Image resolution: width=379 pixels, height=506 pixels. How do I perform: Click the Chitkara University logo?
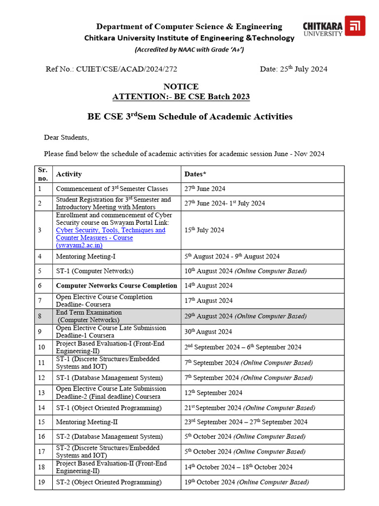point(334,26)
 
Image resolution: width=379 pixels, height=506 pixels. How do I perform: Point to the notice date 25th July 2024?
point(293,69)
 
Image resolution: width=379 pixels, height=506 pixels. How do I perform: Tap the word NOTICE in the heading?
point(181,86)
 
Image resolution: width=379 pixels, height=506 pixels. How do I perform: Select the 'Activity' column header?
point(69,174)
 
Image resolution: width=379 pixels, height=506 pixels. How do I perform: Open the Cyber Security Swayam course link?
point(111,234)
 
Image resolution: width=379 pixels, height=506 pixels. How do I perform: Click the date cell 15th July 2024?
point(204,230)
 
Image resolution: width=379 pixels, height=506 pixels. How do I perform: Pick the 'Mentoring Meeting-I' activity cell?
point(86,256)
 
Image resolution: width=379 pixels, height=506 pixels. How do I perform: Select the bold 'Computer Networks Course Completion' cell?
point(116,286)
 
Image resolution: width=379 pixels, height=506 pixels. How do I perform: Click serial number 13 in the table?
point(42,393)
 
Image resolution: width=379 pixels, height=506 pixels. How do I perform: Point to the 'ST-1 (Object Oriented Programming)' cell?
point(109,408)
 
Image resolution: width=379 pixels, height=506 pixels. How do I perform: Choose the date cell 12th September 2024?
point(213,393)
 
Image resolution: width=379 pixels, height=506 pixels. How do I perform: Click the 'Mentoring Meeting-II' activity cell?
point(87,422)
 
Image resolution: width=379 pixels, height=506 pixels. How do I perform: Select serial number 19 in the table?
point(42,482)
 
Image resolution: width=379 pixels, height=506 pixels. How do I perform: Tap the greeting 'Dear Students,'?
point(67,137)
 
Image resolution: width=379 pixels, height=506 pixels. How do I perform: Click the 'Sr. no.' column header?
point(42,173)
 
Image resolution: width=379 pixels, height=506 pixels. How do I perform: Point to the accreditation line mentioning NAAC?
point(189,50)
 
